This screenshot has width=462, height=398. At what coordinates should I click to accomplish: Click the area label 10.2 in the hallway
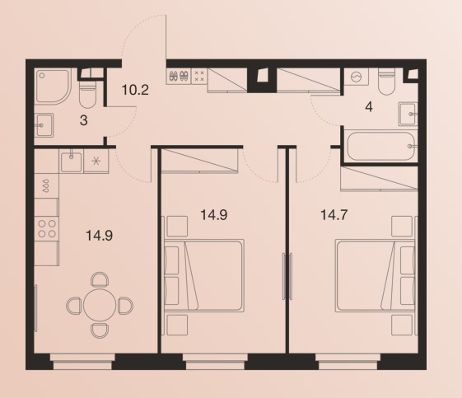(x=135, y=90)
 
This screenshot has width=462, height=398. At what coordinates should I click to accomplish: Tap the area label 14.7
(x=334, y=215)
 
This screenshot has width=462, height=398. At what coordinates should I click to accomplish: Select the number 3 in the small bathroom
(x=84, y=120)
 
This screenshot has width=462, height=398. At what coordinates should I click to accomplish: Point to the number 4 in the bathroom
(x=369, y=107)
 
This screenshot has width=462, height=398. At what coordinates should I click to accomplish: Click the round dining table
(x=100, y=306)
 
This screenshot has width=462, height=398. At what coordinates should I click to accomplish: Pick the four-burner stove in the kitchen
(x=47, y=229)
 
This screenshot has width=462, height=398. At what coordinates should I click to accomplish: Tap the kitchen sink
(x=71, y=162)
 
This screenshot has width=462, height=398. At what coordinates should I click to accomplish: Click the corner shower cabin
(x=53, y=86)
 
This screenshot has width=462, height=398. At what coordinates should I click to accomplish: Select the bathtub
(x=380, y=146)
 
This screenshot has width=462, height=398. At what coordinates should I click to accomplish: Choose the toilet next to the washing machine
(x=386, y=81)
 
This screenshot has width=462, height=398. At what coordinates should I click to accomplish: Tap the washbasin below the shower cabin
(x=44, y=125)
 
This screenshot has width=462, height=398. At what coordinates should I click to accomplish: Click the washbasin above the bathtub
(x=408, y=114)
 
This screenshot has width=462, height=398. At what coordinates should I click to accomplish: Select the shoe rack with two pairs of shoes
(x=179, y=77)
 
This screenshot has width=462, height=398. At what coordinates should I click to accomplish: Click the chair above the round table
(x=100, y=279)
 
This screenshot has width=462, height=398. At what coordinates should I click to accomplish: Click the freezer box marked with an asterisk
(x=96, y=161)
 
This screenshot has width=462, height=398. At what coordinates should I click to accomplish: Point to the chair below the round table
(x=100, y=330)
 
